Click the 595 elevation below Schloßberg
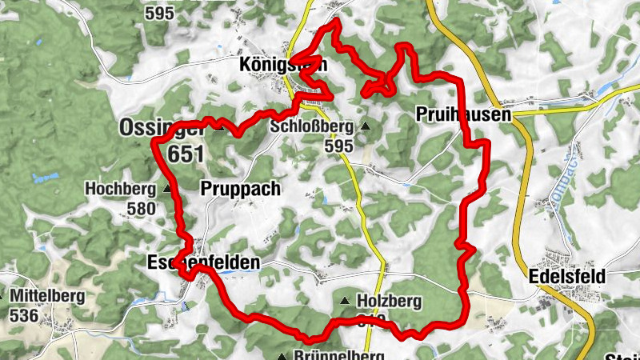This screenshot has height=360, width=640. pos(338,146)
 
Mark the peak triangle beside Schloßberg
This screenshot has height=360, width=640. pos(366,126)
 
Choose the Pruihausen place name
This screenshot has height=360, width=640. pos(463,116)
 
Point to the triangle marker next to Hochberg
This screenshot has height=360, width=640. pos(166,190)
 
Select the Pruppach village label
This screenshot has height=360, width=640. pos(240,190)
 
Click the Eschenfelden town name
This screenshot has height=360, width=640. pos(204,262)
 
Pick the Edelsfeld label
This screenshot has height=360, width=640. pos(567,276)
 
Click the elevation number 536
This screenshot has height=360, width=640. pos(25,315)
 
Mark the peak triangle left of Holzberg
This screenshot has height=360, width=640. pos(345,302)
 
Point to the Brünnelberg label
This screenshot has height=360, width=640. pos(339,354)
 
